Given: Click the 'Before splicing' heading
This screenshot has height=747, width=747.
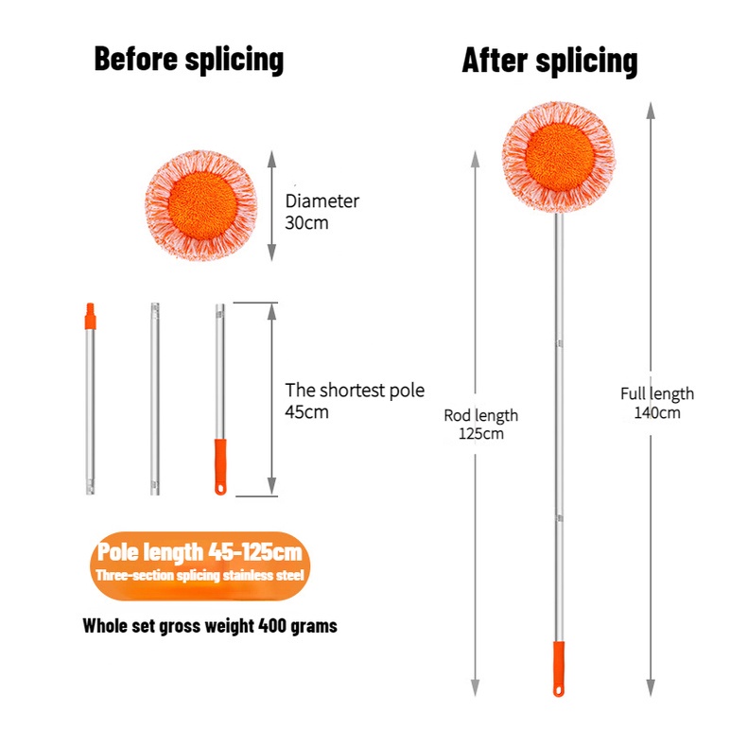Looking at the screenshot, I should coord(188,60).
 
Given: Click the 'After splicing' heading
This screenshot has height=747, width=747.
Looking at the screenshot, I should coord(549,61).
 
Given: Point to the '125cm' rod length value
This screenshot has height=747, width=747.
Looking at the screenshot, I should coord(481,434).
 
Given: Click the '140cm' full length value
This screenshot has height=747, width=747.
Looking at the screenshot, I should coord(657,412).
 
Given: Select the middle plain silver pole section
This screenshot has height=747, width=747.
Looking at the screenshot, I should coord(154,397).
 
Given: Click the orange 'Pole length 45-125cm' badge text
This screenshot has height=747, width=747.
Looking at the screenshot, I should coord(199,551).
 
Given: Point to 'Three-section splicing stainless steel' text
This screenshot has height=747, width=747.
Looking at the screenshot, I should coord(199,575).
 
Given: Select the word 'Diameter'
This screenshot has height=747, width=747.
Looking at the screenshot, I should coord(321,201).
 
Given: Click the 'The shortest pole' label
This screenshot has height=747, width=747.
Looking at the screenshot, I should coord(355,391).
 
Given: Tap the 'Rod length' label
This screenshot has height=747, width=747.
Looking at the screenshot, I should coord(481,415).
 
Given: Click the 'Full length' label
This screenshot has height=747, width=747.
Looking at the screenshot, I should coord(657,393).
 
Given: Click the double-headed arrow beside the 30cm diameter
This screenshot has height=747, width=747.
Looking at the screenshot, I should coord(271,204).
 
